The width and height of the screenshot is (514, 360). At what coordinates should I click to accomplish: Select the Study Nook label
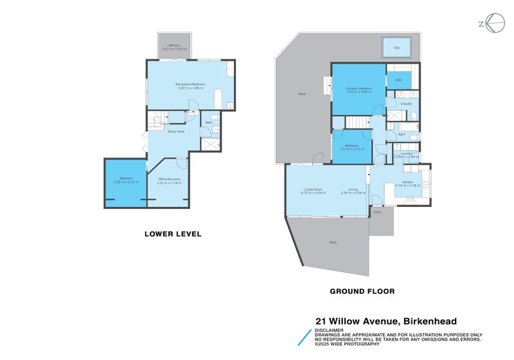(176, 132)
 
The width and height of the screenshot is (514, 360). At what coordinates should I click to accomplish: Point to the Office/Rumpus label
(168, 179)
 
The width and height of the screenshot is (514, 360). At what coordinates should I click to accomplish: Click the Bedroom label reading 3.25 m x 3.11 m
(126, 179)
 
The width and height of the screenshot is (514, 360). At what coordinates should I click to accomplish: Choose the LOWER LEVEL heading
(173, 234)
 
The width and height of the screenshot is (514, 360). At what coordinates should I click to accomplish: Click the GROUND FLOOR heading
(362, 291)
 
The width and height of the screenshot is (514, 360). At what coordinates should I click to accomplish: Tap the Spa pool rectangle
(396, 48)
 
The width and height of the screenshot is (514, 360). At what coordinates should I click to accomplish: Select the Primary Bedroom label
(359, 88)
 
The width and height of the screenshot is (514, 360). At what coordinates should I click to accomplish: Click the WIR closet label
(398, 80)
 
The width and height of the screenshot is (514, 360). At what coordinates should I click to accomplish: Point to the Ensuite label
(406, 104)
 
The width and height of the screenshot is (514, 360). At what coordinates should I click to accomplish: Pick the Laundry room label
(406, 154)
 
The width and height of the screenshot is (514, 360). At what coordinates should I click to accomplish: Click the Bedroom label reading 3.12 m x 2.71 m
(352, 146)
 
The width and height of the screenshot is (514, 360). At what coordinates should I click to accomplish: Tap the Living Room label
(312, 189)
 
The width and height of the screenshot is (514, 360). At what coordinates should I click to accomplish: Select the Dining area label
(353, 189)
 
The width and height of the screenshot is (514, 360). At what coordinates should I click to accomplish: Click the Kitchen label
(408, 183)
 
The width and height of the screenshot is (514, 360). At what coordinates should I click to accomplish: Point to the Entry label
(377, 212)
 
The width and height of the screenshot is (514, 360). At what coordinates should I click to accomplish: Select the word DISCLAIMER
(330, 330)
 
